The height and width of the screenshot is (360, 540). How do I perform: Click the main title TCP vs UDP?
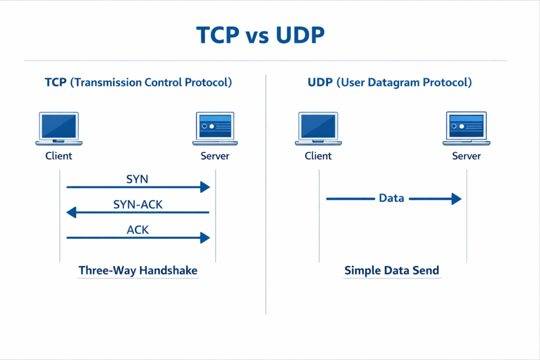pyautogui.click(x=261, y=35)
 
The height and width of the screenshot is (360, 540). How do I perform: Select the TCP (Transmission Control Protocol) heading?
pyautogui.click(x=138, y=83)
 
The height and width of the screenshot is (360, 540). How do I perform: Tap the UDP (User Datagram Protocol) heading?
pyautogui.click(x=389, y=83)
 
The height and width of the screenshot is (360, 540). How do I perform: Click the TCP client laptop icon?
pyautogui.click(x=59, y=128)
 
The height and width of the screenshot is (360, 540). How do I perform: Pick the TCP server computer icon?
pyautogui.click(x=215, y=128)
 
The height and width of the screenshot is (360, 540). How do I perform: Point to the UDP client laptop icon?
pyautogui.click(x=318, y=128)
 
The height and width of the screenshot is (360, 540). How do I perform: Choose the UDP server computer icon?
pyautogui.click(x=466, y=128)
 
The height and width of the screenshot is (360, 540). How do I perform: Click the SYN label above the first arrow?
pyautogui.click(x=137, y=179)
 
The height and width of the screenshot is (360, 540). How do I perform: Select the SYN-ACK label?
pyautogui.click(x=138, y=205)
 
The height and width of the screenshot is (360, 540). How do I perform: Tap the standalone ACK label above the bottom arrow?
pyautogui.click(x=138, y=230)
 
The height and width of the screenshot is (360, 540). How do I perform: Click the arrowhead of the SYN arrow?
pyautogui.click(x=205, y=187)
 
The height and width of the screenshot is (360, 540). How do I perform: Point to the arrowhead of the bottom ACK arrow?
pyautogui.click(x=205, y=238)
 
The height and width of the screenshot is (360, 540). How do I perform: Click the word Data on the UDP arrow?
pyautogui.click(x=391, y=199)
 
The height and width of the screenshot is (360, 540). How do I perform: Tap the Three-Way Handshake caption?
pyautogui.click(x=138, y=270)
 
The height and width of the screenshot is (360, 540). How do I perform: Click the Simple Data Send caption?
pyautogui.click(x=391, y=270)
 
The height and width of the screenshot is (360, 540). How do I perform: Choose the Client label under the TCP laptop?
pyautogui.click(x=59, y=156)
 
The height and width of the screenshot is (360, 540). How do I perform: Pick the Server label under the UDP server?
pyautogui.click(x=466, y=156)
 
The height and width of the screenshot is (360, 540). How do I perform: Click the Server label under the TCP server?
pyautogui.click(x=215, y=156)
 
